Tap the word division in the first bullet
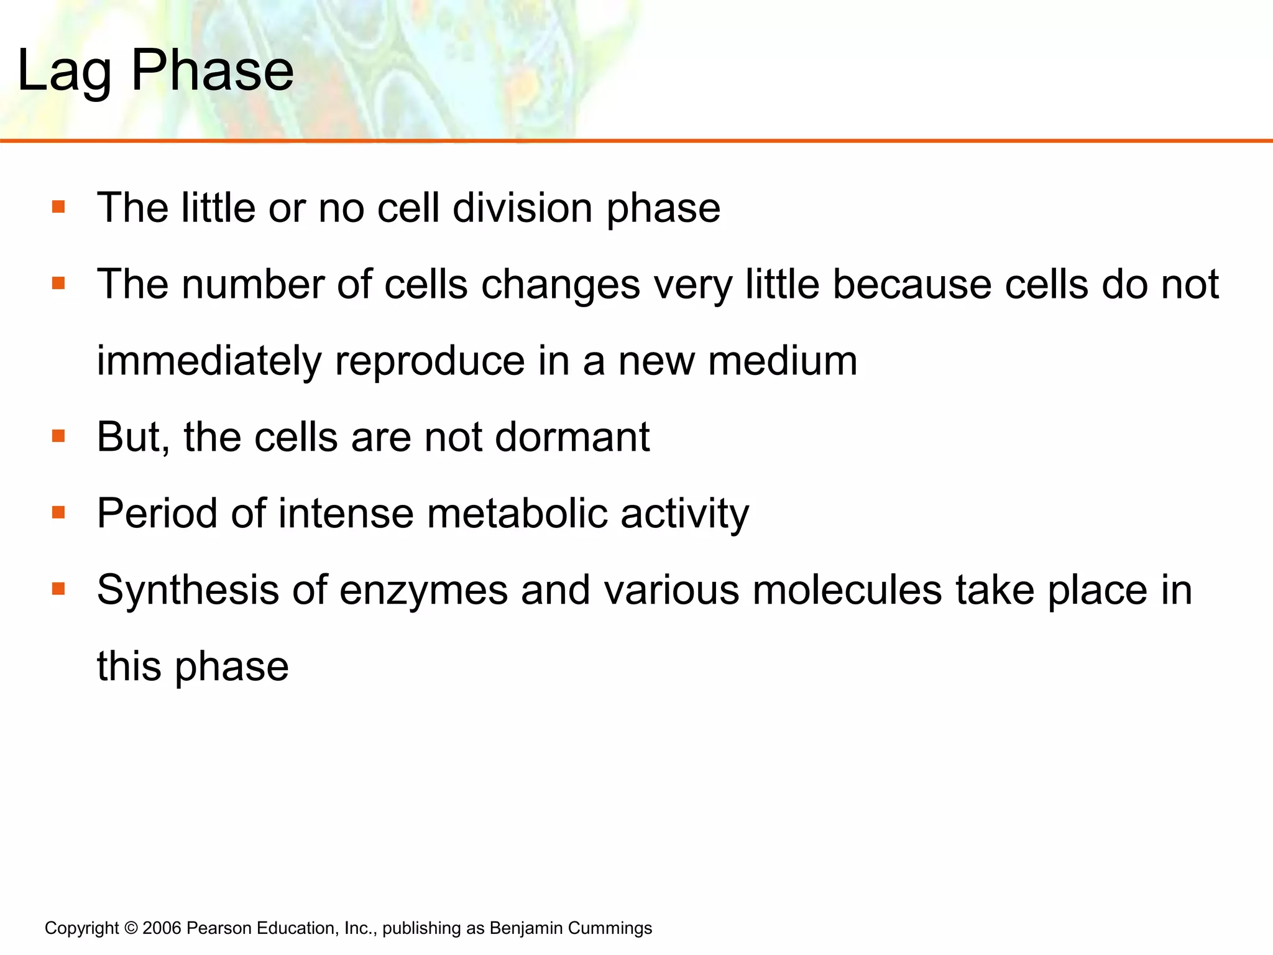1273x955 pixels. (x=522, y=208)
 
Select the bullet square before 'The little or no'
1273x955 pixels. (x=59, y=206)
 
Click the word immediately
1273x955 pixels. (x=209, y=362)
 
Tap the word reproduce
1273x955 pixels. (x=430, y=362)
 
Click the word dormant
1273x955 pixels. (x=572, y=437)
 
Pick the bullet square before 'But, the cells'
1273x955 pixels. (x=59, y=436)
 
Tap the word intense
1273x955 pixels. (x=346, y=514)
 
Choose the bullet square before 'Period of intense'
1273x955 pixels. (x=59, y=512)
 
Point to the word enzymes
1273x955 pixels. (x=423, y=591)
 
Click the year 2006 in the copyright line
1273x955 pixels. (x=162, y=928)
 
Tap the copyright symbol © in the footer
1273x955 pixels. (x=131, y=928)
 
